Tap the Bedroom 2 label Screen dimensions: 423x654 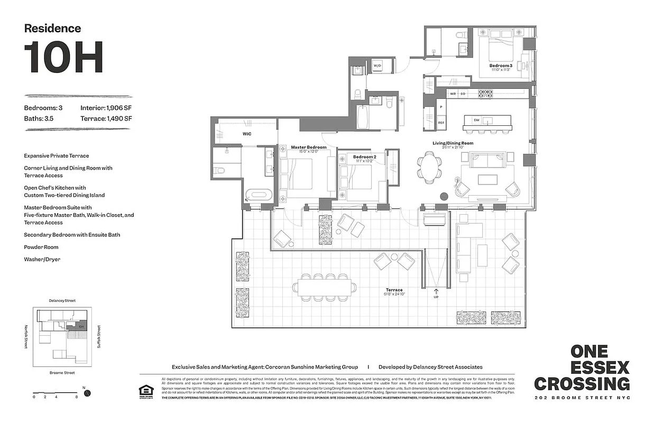coord(364,157)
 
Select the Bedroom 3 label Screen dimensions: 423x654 coord(500,66)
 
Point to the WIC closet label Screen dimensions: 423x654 coord(247,134)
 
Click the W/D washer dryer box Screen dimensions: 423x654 coord(377,66)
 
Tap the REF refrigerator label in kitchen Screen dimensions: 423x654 coord(441,123)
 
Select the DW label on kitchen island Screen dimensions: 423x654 coord(476,120)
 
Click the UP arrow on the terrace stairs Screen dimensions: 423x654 coord(436,292)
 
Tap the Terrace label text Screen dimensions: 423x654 coord(394,290)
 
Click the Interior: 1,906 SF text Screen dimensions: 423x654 coord(106,108)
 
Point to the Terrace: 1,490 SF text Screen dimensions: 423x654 coord(106,118)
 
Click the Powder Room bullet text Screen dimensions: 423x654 coord(41,247)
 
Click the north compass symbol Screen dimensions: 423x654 coord(88,393)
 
